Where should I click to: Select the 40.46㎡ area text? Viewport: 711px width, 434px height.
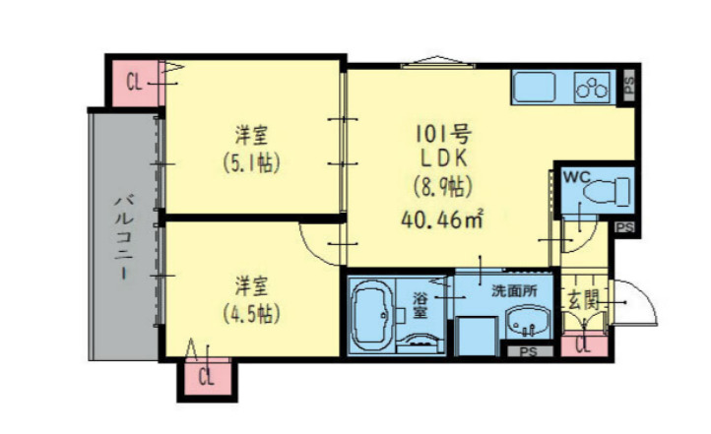[440, 217]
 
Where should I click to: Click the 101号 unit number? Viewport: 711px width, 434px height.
[438, 132]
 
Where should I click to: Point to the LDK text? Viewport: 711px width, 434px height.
[438, 157]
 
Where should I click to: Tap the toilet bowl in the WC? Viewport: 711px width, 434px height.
[609, 191]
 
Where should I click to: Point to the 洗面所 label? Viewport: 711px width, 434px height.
[515, 291]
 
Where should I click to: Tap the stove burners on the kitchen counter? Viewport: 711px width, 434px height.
[592, 89]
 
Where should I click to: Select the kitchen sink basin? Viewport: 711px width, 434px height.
[536, 88]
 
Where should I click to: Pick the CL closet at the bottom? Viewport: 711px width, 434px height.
[207, 378]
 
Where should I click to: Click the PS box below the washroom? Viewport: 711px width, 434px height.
[529, 351]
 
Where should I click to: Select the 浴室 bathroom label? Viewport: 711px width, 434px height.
[420, 305]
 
